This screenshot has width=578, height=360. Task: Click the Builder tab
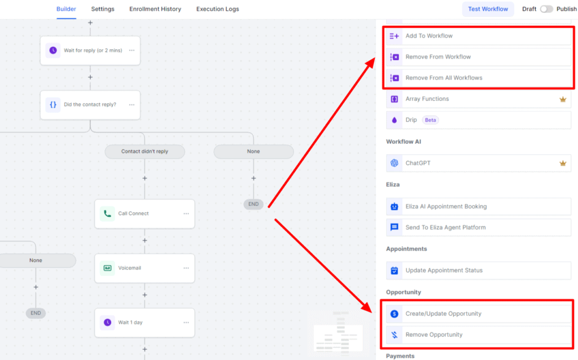point(66,9)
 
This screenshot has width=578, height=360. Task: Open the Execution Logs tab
point(217,9)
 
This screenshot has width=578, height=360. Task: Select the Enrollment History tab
point(155,9)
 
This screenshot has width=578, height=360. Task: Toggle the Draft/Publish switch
point(546,9)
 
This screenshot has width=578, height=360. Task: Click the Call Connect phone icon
point(107,213)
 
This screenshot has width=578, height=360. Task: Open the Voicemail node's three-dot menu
point(186,268)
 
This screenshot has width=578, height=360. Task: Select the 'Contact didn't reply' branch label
point(144,151)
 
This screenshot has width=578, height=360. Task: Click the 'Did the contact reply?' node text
point(90,104)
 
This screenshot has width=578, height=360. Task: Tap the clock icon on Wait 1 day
point(107,322)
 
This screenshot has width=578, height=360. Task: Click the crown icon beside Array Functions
point(563,99)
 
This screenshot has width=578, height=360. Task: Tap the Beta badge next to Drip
point(430,120)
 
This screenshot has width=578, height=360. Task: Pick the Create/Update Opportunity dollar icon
point(395,314)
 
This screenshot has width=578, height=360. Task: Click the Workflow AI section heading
point(403,142)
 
